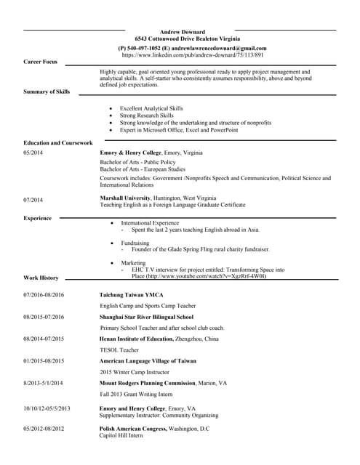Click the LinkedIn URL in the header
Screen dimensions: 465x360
click(x=193, y=54)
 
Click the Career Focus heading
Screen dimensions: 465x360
click(x=40, y=62)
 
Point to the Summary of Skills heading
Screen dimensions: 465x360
click(x=47, y=92)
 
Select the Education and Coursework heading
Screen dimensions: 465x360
click(x=58, y=142)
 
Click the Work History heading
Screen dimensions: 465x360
click(x=41, y=278)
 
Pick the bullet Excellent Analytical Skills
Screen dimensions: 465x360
click(x=151, y=108)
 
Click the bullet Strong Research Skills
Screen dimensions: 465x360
click(x=147, y=116)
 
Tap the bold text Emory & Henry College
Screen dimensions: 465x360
click(x=131, y=153)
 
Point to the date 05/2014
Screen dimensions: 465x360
click(x=33, y=153)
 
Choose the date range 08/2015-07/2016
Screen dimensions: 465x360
click(x=44, y=317)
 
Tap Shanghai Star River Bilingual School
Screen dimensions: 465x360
click(x=146, y=317)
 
